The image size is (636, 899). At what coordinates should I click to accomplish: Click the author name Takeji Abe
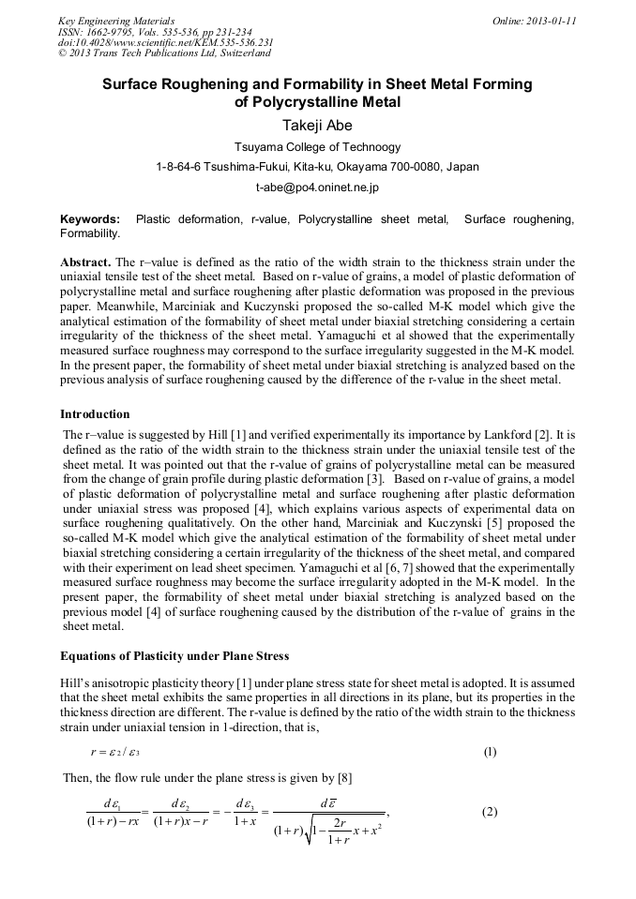[x=317, y=124]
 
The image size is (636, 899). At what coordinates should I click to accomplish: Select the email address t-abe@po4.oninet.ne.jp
[x=317, y=187]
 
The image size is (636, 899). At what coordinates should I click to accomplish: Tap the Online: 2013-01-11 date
[x=535, y=21]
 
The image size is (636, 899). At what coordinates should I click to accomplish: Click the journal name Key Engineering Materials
[x=116, y=21]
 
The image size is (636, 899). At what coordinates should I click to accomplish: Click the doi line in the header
[x=165, y=42]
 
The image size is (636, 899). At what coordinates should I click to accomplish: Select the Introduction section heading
[x=95, y=413]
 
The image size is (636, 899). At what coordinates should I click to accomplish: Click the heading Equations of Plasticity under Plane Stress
[x=174, y=655]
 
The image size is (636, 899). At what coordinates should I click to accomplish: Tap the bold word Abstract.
[x=85, y=262]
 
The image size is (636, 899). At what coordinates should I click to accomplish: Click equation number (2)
[x=490, y=812]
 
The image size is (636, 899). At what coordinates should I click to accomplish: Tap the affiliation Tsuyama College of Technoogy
[x=317, y=146]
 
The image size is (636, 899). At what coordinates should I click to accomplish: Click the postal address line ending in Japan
[x=317, y=167]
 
